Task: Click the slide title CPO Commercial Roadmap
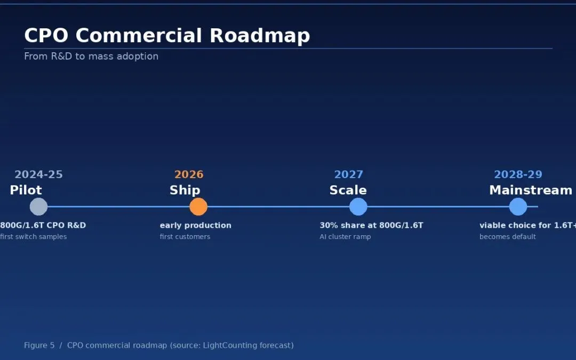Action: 167,36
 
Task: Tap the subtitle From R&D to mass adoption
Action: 91,56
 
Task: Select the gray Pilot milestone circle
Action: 38,206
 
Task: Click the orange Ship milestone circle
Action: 198,206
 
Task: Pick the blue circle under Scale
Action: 358,206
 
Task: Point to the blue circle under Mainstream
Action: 518,206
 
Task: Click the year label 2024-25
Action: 38,174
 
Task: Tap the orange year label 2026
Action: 189,174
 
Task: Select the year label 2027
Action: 349,174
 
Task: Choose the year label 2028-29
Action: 518,174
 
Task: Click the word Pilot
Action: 26,190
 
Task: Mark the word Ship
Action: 185,190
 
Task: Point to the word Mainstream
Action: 531,190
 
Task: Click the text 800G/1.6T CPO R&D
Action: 43,225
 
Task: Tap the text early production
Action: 195,226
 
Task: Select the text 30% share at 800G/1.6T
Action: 371,225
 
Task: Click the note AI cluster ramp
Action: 345,237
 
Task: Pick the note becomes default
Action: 508,237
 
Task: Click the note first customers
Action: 185,237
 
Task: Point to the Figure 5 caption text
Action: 159,345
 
